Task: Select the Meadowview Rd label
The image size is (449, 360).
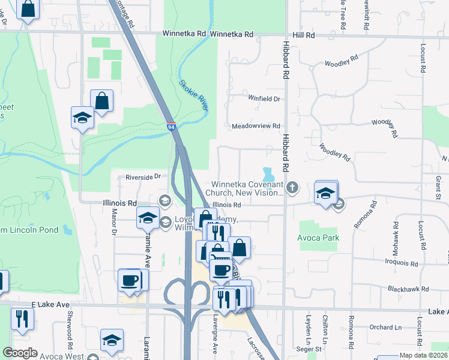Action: pyautogui.click(x=256, y=126)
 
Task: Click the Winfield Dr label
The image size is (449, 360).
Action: pyautogui.click(x=265, y=98)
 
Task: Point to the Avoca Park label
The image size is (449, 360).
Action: pyautogui.click(x=318, y=238)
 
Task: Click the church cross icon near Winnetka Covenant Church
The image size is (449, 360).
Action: pyautogui.click(x=292, y=188)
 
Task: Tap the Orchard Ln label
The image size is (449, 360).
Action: pyautogui.click(x=385, y=327)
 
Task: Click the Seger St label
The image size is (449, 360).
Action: pyautogui.click(x=310, y=349)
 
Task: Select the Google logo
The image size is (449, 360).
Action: pyautogui.click(x=20, y=353)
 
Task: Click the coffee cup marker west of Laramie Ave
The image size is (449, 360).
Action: pyautogui.click(x=130, y=280)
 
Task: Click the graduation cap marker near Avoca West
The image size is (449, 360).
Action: pyautogui.click(x=112, y=341)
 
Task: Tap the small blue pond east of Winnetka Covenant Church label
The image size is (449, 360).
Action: pyautogui.click(x=268, y=175)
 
